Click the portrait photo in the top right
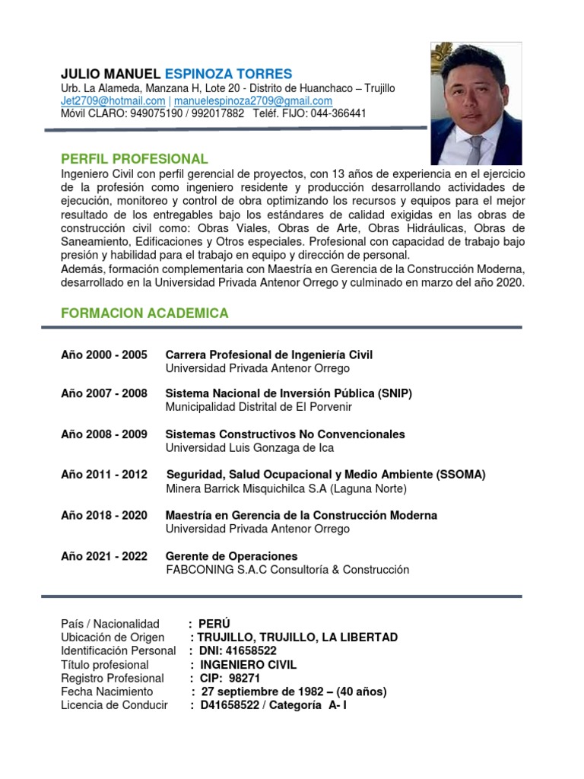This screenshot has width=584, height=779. point(476,103)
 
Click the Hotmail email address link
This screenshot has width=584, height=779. point(113,101)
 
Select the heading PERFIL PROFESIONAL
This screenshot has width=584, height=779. point(135,159)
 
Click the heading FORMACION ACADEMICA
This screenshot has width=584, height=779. point(144,313)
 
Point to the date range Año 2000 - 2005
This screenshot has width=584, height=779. point(104,355)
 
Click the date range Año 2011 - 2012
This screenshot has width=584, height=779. point(104,475)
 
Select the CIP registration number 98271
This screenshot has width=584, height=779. point(245,679)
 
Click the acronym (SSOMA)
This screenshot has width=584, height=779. point(461,475)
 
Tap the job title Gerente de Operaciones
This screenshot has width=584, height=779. point(232,556)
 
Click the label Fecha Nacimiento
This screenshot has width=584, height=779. point(107,692)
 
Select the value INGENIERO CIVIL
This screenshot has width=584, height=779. point(243,665)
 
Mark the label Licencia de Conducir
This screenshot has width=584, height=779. point(114,706)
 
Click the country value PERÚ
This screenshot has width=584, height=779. point(214,624)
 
